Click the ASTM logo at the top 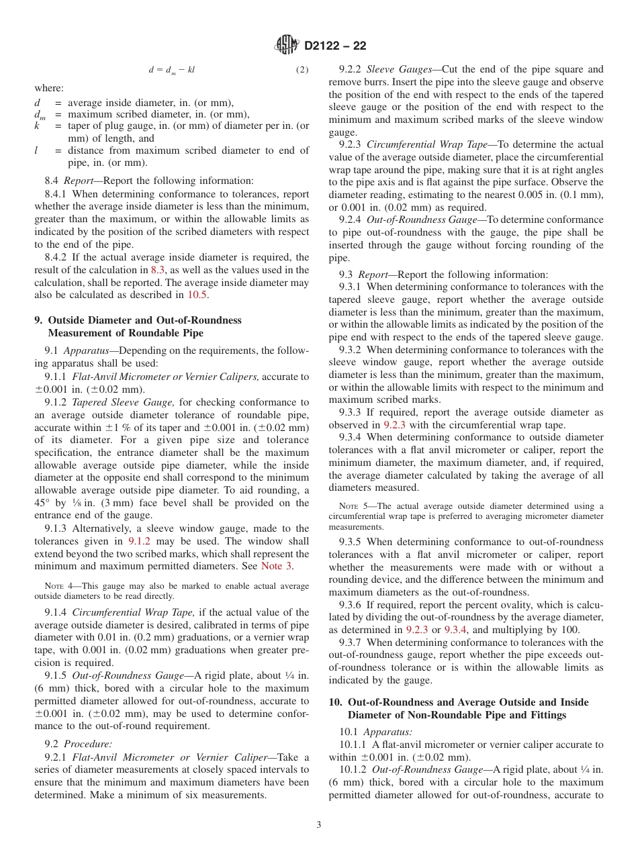point(287,46)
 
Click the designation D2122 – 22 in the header point(335,46)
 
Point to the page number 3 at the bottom point(319,824)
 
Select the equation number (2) point(302,70)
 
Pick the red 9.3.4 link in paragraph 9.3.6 point(455,630)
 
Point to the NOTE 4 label point(56,586)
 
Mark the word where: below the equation point(49,88)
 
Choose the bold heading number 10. point(334,702)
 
